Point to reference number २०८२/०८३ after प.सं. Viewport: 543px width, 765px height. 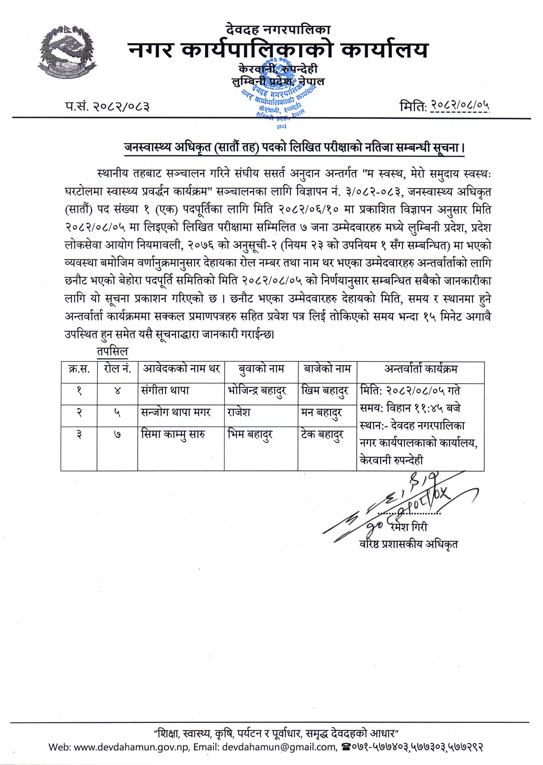(x=121, y=107)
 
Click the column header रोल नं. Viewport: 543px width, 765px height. (x=117, y=369)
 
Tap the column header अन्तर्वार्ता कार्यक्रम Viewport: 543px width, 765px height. (x=421, y=369)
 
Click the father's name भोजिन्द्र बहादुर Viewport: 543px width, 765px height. (x=257, y=391)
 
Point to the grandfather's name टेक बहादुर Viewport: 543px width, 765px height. (x=322, y=435)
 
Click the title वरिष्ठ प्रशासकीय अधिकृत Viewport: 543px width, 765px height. (x=409, y=544)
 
